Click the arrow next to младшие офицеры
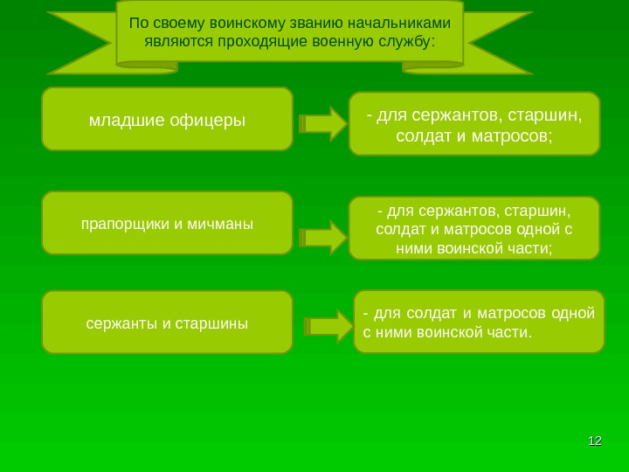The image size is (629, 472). pyautogui.click(x=322, y=123)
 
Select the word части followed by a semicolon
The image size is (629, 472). pyautogui.click(x=530, y=247)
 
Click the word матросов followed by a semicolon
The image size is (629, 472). pyautogui.click(x=514, y=136)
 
